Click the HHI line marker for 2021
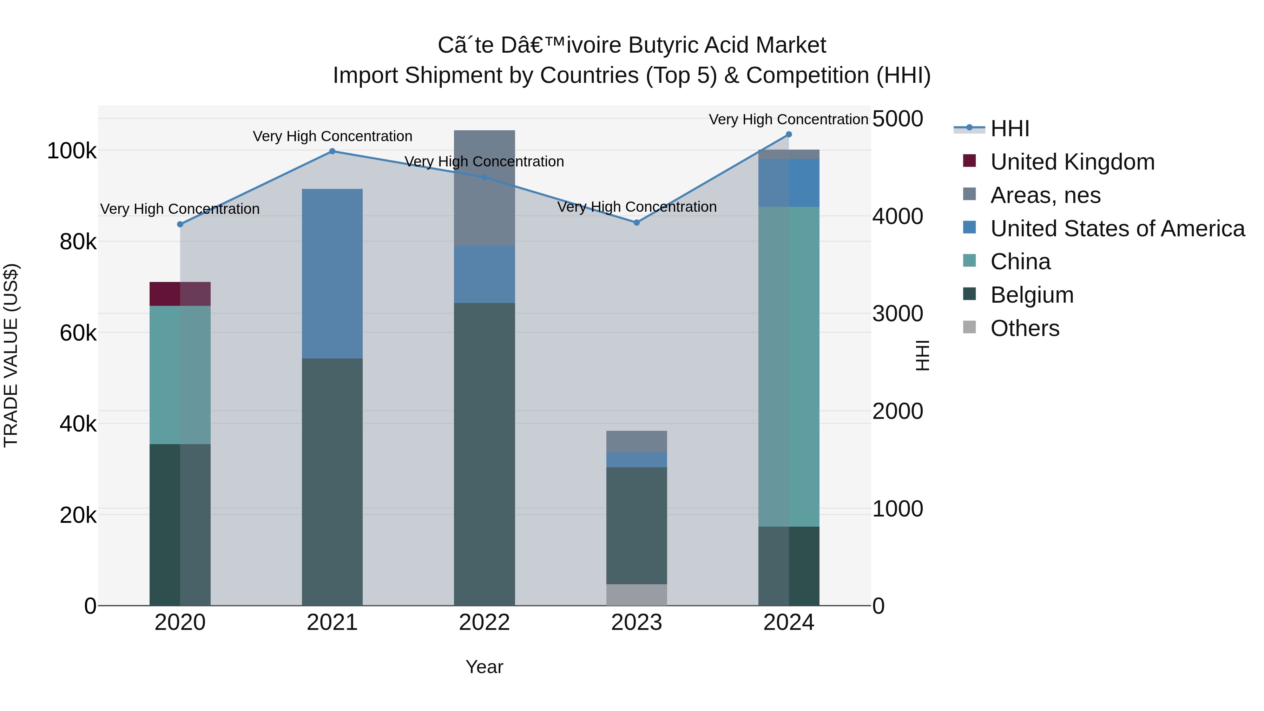(x=332, y=151)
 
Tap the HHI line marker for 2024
(x=789, y=134)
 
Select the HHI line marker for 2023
(x=637, y=222)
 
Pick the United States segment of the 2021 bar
(x=332, y=273)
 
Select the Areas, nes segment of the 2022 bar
(x=484, y=188)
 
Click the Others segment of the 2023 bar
(x=637, y=595)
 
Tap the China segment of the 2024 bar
(x=789, y=366)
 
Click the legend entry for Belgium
(x=1032, y=295)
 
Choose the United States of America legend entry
(x=1117, y=229)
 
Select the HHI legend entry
(x=1010, y=129)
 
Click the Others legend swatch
(x=969, y=327)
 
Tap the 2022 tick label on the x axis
(x=484, y=623)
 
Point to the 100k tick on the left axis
(x=72, y=151)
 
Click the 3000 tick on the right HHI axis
(x=897, y=314)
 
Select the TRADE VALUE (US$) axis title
(x=11, y=355)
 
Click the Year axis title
(x=484, y=667)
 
